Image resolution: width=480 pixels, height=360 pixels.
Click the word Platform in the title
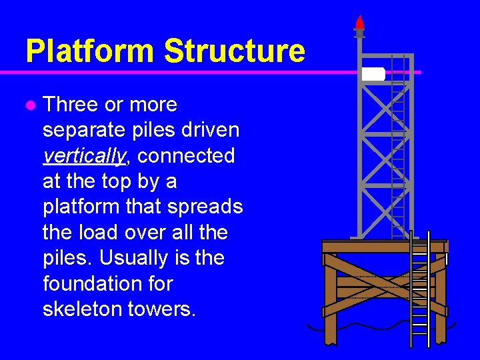click(x=89, y=51)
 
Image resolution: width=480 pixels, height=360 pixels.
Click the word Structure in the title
click(x=234, y=51)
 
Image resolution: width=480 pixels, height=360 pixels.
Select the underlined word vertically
click(x=83, y=156)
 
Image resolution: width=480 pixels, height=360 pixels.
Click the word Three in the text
click(x=73, y=105)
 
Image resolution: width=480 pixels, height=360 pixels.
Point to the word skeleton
click(x=85, y=309)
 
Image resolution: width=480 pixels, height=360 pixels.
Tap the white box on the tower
click(x=373, y=74)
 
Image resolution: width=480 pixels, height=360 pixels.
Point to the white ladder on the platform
click(x=419, y=293)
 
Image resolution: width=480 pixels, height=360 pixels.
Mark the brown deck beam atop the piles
click(x=383, y=247)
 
